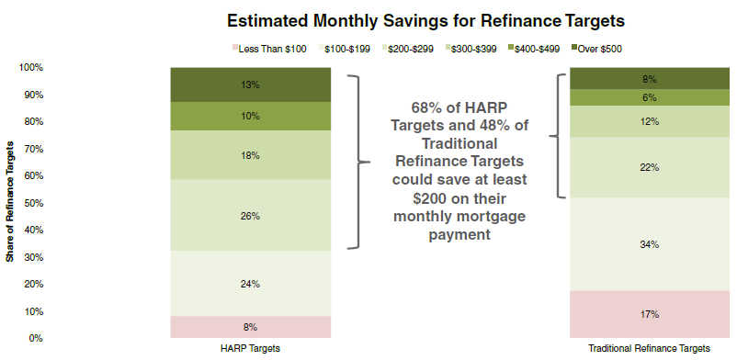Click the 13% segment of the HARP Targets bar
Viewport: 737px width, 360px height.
(251, 85)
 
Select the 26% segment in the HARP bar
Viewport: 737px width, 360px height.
(251, 215)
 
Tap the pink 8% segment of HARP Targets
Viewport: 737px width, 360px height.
(251, 327)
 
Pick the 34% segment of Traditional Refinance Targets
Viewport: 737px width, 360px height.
(650, 244)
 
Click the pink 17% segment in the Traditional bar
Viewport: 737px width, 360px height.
(650, 314)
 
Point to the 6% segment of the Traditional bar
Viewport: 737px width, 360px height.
(650, 97)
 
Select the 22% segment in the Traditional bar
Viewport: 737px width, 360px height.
(650, 168)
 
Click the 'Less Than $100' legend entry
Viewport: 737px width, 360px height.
(269, 49)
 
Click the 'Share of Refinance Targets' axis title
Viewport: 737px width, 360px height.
(9, 203)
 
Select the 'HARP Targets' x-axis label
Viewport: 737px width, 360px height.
(251, 349)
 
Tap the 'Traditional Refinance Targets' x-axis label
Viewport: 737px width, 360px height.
(650, 349)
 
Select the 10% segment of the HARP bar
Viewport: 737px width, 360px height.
(251, 116)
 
